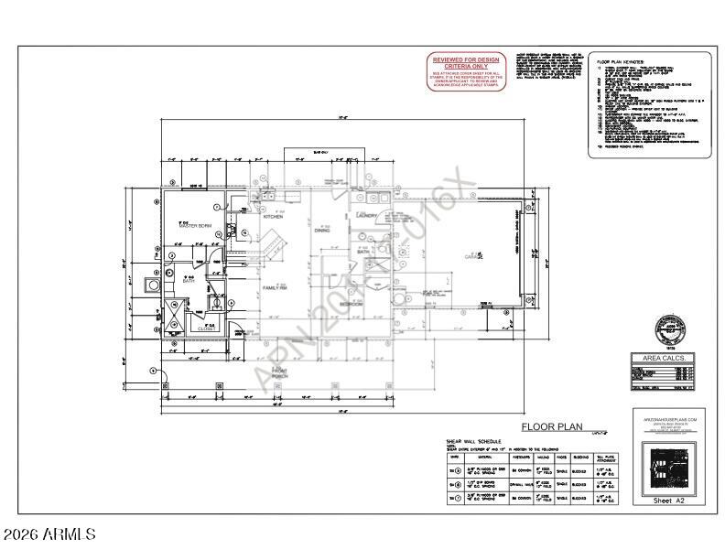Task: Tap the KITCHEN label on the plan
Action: tap(274, 217)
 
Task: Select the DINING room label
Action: tap(322, 231)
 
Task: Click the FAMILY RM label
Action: tap(276, 288)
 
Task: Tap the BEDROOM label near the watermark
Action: tap(352, 303)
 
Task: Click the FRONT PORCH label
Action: tap(279, 373)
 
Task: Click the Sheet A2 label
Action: tap(668, 501)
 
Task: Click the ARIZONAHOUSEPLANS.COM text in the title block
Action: tap(668, 419)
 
